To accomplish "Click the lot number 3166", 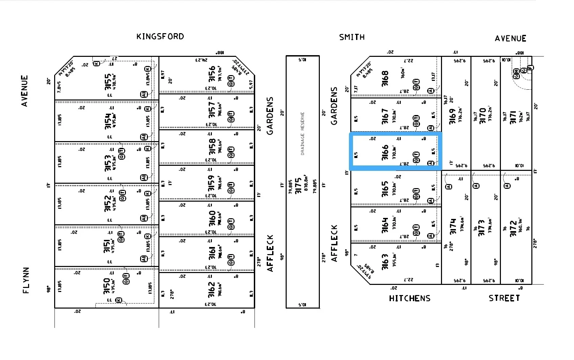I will [385, 153].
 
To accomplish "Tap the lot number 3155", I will [108, 82].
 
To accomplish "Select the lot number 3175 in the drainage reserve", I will [298, 186].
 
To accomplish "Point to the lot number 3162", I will [212, 290].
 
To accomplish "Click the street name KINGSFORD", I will [160, 37].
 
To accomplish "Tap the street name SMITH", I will [352, 37].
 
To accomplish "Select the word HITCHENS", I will [410, 298].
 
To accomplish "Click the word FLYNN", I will [26, 280].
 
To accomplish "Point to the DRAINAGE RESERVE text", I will [303, 134].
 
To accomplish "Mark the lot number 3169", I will [452, 116].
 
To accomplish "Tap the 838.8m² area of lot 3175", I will [306, 184].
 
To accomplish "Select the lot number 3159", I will [212, 183].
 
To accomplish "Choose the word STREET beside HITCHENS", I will [504, 298].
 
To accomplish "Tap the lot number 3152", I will [108, 203].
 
